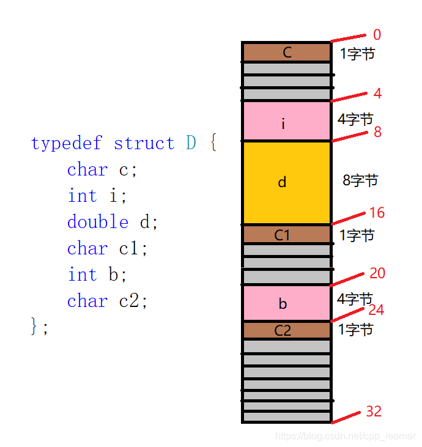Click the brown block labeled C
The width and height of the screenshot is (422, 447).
tap(287, 53)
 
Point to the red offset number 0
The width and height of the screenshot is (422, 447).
tap(376, 35)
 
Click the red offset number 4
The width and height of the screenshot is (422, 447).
tap(377, 94)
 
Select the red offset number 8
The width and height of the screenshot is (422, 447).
tap(377, 131)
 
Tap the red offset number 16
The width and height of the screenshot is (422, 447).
tap(377, 213)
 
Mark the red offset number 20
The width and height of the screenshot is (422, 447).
tap(377, 273)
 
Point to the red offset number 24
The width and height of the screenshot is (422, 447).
tap(376, 310)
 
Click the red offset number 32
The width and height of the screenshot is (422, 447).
tap(374, 412)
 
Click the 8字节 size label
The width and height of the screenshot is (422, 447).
tap(360, 180)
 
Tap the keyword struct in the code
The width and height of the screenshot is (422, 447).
tap(144, 144)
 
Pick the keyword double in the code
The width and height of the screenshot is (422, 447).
tap(98, 222)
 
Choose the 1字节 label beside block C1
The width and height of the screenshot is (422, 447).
tap(356, 235)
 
